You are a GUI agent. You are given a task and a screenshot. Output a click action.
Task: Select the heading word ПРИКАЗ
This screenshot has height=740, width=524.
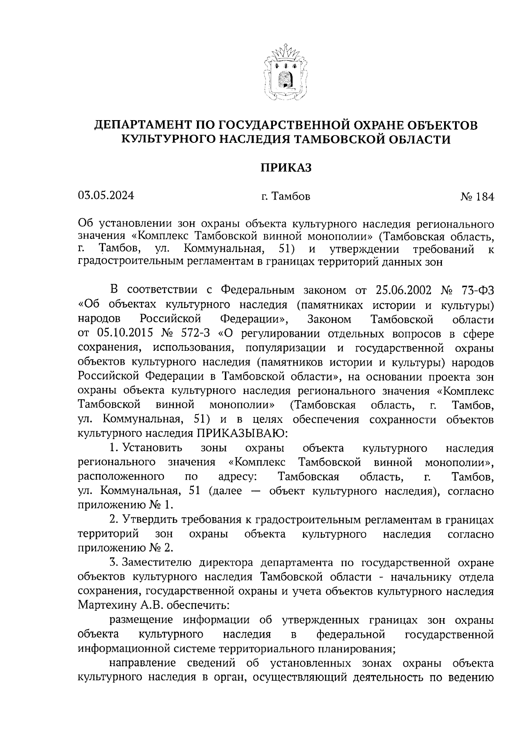[286, 168]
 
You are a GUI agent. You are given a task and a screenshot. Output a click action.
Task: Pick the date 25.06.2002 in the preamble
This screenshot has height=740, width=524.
[403, 290]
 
